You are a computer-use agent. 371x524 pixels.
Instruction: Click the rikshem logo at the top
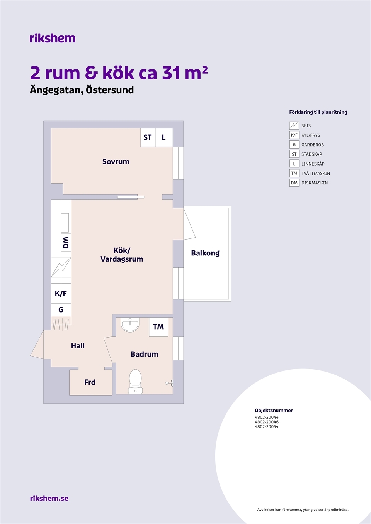53,38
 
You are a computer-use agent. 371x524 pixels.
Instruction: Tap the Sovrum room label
116,161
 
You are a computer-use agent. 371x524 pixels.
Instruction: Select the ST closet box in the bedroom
148,137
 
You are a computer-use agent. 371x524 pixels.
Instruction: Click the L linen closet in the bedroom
164,137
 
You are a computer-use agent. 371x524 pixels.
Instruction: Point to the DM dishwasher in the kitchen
66,242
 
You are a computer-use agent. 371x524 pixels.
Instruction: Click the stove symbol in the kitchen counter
61,267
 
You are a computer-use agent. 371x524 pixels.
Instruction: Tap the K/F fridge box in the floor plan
61,293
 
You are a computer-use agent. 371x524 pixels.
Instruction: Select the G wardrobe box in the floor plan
61,310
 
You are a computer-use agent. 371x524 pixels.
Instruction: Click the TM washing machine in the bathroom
158,327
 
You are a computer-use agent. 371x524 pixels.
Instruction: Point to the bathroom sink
130,325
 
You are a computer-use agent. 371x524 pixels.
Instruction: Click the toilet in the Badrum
135,382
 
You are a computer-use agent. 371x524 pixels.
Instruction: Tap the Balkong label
205,253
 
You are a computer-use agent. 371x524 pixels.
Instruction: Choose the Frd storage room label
90,382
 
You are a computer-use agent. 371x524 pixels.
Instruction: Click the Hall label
78,345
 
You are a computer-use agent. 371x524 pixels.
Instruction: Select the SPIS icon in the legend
294,125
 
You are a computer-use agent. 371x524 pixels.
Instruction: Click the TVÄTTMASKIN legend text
315,173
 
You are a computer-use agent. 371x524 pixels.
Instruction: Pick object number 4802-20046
267,422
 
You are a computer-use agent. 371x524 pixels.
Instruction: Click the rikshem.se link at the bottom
49,498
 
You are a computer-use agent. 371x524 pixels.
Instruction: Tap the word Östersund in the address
110,90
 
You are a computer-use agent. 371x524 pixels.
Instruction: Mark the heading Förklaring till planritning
318,112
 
